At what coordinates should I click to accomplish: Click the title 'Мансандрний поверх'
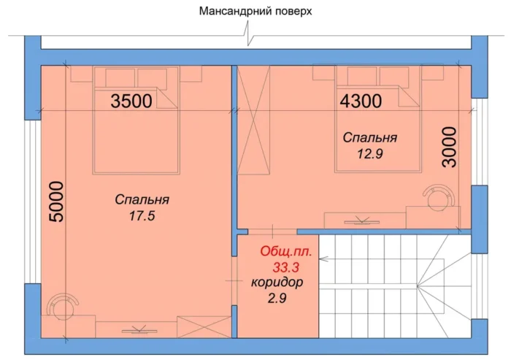[x=255, y=11]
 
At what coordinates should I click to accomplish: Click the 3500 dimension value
[x=131, y=101]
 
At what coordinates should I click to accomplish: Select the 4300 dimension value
[x=361, y=101]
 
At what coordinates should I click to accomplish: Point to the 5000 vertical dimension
[x=56, y=202]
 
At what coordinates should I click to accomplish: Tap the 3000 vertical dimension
[x=450, y=147]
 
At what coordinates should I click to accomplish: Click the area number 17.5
[x=142, y=215]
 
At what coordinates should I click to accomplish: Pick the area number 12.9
[x=370, y=153]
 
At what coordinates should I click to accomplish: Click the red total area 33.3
[x=286, y=268]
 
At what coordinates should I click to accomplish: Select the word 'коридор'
[x=277, y=283]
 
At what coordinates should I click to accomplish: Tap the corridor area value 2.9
[x=277, y=298]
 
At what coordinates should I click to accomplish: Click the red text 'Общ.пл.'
[x=286, y=252]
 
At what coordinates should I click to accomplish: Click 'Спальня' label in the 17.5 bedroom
[x=142, y=199]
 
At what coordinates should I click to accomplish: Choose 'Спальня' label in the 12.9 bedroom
[x=370, y=137]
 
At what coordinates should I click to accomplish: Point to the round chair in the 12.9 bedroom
[x=438, y=198]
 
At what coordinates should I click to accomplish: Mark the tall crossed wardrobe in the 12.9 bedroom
[x=254, y=120]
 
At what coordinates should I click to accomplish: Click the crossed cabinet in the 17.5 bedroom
[x=204, y=327]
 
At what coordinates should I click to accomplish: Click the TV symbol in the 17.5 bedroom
[x=139, y=330]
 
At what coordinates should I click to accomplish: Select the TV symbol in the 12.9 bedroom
[x=362, y=221]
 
